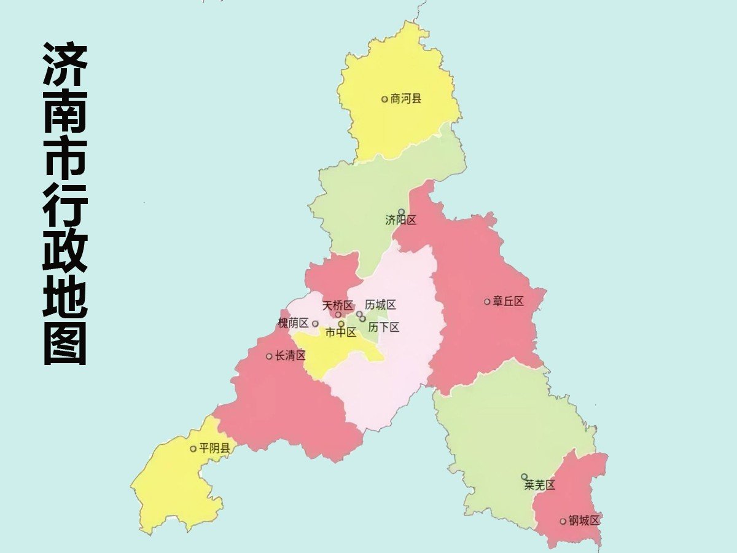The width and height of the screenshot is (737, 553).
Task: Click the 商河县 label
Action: tap(406, 99)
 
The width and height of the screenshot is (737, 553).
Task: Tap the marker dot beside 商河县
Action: tap(385, 99)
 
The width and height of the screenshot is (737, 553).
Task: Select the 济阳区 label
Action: tap(401, 220)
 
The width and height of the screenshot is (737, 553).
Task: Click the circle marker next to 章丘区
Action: tap(487, 301)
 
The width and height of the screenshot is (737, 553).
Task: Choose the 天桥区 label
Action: tap(338, 305)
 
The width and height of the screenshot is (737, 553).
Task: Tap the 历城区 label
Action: tap(380, 305)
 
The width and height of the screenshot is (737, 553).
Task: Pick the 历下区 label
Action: tap(384, 327)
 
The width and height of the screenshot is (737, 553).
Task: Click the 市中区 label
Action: tap(341, 332)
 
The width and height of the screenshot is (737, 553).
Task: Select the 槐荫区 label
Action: tap(293, 323)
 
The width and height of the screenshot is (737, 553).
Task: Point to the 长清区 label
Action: tap(290, 355)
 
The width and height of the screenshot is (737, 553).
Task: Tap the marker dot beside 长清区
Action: tap(269, 356)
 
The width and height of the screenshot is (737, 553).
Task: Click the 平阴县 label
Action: tap(214, 449)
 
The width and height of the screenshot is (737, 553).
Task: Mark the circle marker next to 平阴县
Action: tap(193, 449)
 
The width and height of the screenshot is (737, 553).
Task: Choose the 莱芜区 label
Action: tap(539, 485)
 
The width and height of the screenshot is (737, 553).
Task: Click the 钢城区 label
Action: tap(583, 521)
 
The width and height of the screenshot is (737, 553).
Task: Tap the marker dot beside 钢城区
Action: tap(563, 521)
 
